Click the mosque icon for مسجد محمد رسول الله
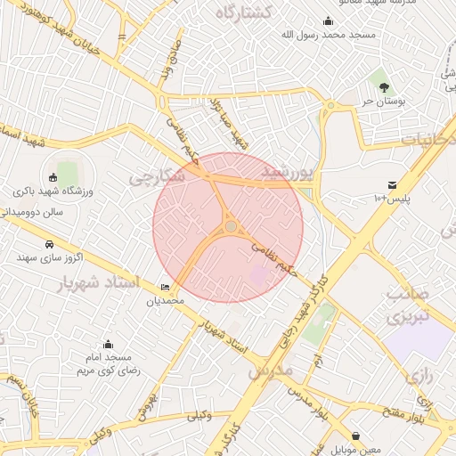coord(329,22)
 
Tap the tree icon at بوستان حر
coord(384,87)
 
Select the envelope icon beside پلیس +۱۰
coord(393,184)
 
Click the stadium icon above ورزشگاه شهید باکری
coord(53,176)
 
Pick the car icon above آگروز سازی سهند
coord(48,243)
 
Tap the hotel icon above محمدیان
coord(165,287)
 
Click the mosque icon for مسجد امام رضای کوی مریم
coord(108,345)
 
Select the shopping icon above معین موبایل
coord(356,436)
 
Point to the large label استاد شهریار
coord(100,284)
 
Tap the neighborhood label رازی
coord(419,377)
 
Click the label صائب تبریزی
coord(410,305)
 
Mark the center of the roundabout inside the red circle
coord(231,227)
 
